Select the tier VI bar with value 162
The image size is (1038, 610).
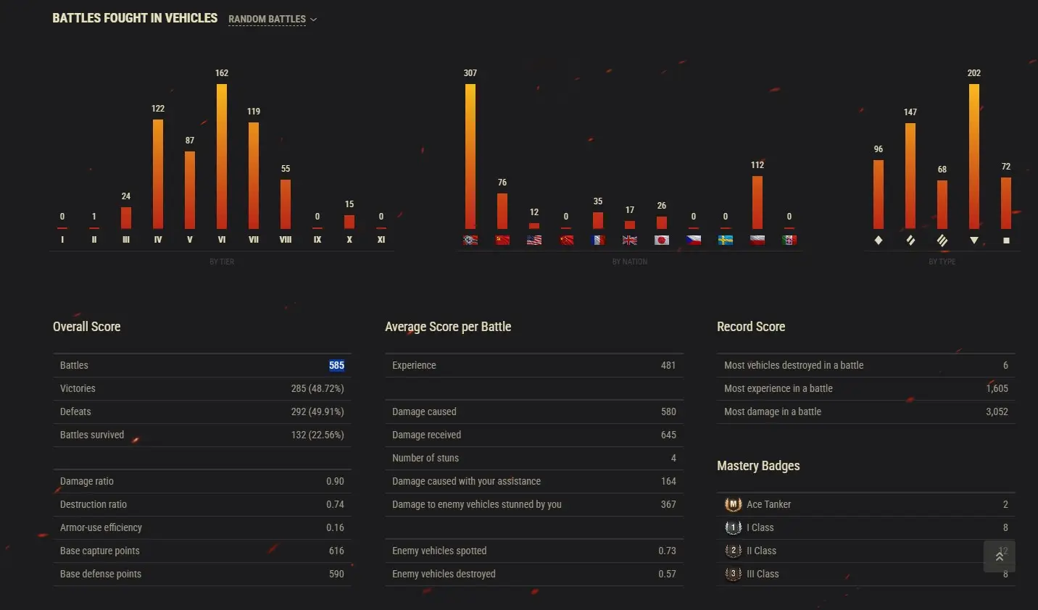(x=222, y=156)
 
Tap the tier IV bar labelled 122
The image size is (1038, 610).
(x=158, y=174)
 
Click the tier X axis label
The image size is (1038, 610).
(x=349, y=240)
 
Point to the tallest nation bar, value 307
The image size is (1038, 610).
(x=470, y=156)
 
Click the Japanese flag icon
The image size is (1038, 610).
(x=662, y=240)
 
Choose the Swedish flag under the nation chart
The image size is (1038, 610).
(x=726, y=240)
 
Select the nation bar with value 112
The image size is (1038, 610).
(x=757, y=202)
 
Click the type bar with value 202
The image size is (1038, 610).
(x=974, y=156)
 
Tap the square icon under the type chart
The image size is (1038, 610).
(x=1006, y=241)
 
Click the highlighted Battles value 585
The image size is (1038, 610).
(x=336, y=366)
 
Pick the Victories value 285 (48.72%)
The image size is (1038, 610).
(x=317, y=389)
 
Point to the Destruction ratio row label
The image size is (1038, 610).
(x=94, y=505)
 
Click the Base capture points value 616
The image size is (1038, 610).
(x=336, y=551)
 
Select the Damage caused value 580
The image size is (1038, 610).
(x=668, y=412)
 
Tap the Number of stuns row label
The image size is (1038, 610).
(x=425, y=459)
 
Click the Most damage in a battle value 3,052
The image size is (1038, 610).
(x=997, y=412)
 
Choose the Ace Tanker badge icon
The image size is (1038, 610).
(x=734, y=504)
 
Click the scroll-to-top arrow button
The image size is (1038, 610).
(x=1000, y=556)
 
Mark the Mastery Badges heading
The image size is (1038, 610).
(x=758, y=466)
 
